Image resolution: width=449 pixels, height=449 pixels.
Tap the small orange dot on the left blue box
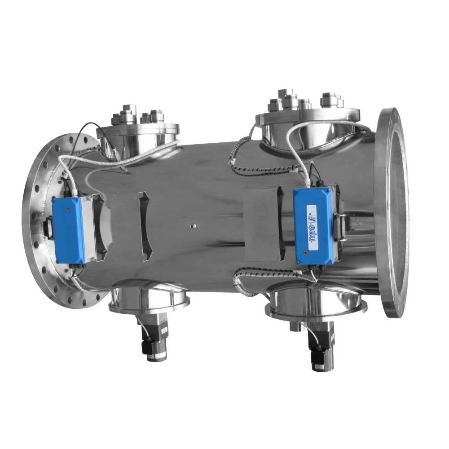click(67, 209)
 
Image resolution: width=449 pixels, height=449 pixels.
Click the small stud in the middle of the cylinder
click(193, 224)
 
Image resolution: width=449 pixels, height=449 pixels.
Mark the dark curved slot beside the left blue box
click(144, 227)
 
